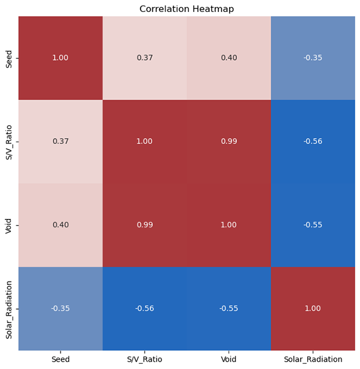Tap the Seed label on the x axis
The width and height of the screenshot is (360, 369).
[x=61, y=359]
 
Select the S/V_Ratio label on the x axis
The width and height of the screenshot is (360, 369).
[x=145, y=359]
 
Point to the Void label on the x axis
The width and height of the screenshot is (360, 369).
[x=229, y=359]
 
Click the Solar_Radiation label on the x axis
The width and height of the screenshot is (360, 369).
[x=313, y=359]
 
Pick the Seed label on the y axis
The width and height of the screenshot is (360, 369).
[x=8, y=58]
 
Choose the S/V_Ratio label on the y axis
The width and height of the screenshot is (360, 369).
[x=8, y=142]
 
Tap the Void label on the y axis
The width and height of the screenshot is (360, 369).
[x=8, y=225]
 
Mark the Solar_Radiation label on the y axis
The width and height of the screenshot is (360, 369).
[x=8, y=308]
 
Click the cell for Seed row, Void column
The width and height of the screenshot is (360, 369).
[x=229, y=58]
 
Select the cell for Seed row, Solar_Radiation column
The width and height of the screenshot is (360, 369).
[x=313, y=58]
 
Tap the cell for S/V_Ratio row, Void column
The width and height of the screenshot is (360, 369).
[x=229, y=142]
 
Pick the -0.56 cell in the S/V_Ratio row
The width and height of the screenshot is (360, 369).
[x=313, y=142]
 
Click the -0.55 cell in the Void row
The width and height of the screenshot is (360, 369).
[x=313, y=225]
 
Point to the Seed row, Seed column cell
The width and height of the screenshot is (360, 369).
[x=61, y=58]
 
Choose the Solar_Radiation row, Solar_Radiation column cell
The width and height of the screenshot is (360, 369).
[x=313, y=308]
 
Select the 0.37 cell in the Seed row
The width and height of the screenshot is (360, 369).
[x=145, y=58]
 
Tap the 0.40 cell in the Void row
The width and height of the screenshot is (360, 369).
[x=61, y=225]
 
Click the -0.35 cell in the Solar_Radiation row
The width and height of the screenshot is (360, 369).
[x=61, y=308]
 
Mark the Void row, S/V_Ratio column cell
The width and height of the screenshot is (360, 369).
[x=145, y=225]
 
